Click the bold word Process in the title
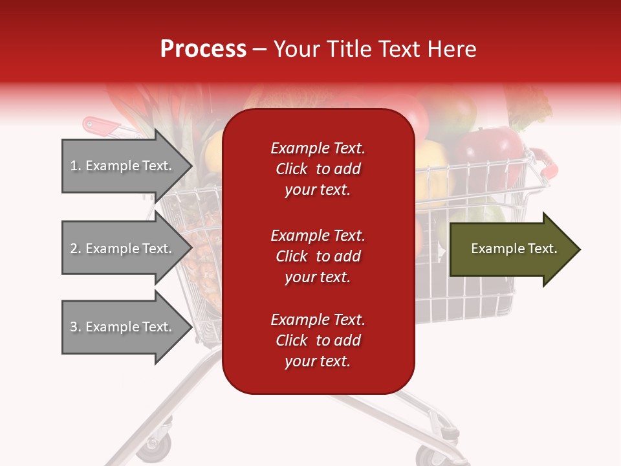click(203, 49)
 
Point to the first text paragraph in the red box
click(318, 168)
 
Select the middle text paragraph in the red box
click(318, 256)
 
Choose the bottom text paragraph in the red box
click(318, 340)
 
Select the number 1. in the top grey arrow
click(76, 166)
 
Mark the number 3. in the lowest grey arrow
click(76, 327)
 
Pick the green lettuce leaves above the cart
click(530, 107)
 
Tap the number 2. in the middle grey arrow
click(76, 249)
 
